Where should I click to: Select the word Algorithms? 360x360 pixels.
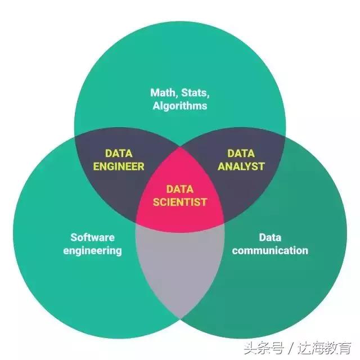(x=180, y=105)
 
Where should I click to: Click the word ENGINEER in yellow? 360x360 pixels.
(x=119, y=166)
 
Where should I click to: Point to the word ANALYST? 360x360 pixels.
(x=241, y=166)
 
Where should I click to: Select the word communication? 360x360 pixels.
(x=270, y=250)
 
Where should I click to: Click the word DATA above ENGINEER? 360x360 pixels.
(x=119, y=153)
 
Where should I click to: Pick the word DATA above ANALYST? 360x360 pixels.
(x=241, y=153)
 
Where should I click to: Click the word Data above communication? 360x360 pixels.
(x=270, y=237)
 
